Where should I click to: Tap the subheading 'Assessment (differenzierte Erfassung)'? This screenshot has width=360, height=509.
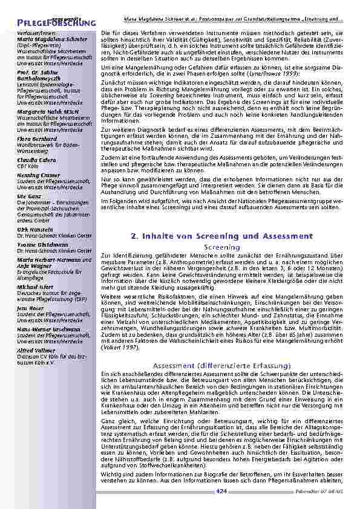tap(221, 366)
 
